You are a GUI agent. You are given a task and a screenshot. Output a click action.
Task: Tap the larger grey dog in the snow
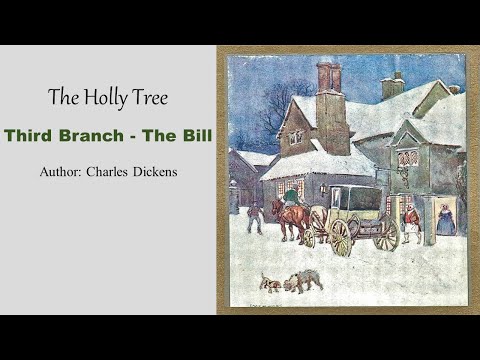point(304,279)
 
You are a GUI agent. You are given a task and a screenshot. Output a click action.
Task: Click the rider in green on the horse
point(291,196)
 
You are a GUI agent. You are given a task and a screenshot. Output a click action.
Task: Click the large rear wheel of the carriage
point(341,236)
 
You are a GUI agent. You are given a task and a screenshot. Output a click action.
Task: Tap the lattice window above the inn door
point(407,158)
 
